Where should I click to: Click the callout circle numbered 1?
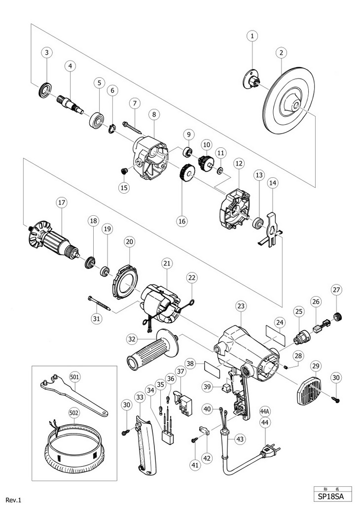pos(252,36)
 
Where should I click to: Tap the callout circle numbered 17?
pos(61,203)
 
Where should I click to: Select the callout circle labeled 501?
pos(75,377)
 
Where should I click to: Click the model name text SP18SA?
pos(333,497)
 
